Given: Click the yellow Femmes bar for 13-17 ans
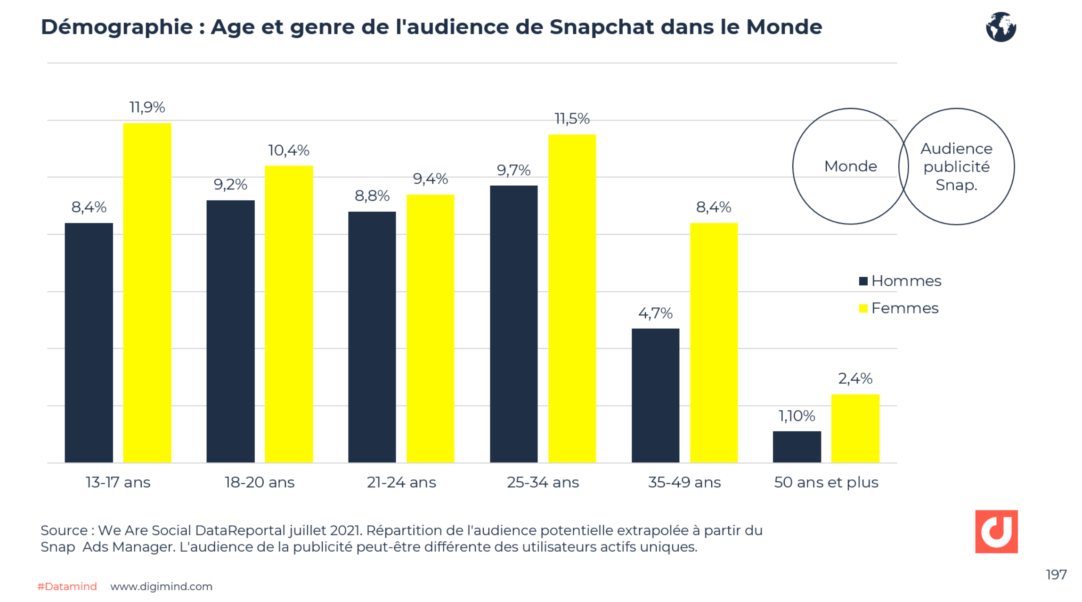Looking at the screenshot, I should coord(147,292).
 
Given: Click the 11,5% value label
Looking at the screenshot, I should coord(572,119).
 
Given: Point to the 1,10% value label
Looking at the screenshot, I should coord(797,416).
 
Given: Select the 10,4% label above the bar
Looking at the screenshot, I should coord(288,150).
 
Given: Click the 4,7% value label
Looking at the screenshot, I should coord(655,313).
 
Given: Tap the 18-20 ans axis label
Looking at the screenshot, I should coord(260,482).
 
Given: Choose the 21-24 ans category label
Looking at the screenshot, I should coord(401,482).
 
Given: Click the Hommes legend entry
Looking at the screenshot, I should coord(900,281).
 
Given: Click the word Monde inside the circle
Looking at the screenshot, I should coord(850,166).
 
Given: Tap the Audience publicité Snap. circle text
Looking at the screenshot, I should coord(956,166).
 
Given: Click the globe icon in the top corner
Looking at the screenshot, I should coord(1001,27).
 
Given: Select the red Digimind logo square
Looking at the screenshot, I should coord(996,531).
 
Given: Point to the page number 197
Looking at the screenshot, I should coord(1056,574).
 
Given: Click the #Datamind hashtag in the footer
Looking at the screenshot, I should coord(67,586).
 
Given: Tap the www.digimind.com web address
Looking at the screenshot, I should coord(161,586).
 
